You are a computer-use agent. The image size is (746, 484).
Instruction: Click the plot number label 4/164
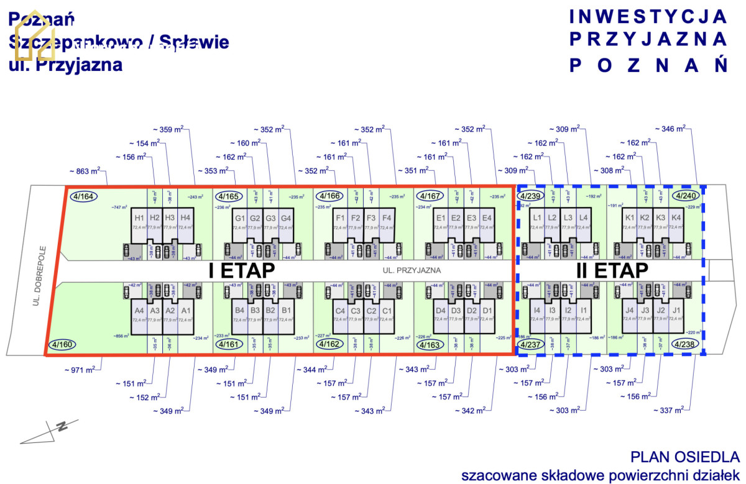click(x=84, y=197)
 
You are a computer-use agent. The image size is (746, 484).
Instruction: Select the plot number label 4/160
click(x=62, y=345)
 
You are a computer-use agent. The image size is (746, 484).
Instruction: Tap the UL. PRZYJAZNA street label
click(x=412, y=270)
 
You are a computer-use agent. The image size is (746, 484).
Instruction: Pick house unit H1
click(x=139, y=218)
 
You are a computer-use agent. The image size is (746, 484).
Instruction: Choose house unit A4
click(x=139, y=311)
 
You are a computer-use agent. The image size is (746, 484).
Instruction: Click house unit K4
click(x=676, y=218)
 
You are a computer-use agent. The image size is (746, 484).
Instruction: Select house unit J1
click(x=676, y=311)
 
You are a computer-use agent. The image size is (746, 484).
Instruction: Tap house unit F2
click(x=355, y=218)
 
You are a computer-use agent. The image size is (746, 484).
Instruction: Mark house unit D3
click(x=456, y=311)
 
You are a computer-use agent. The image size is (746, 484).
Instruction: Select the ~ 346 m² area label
click(x=670, y=129)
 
